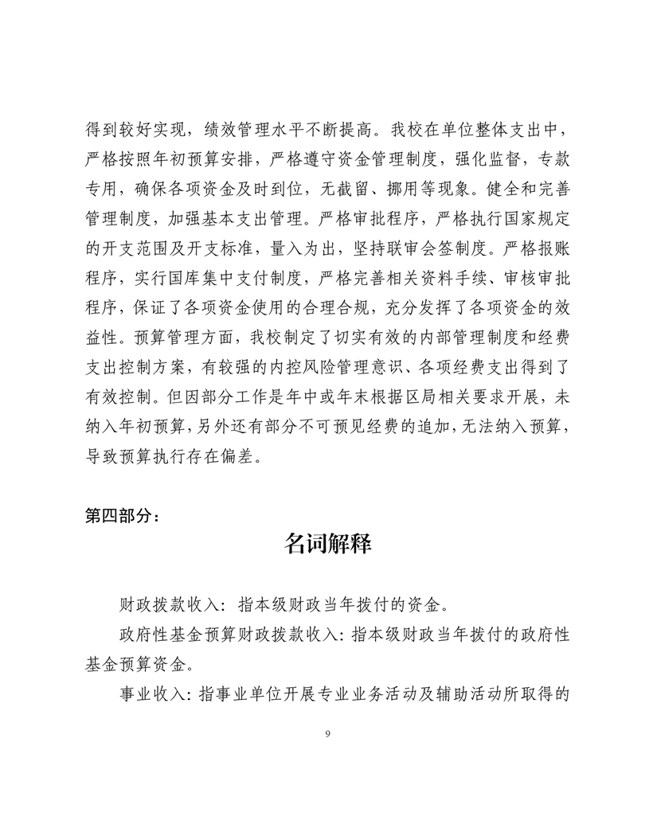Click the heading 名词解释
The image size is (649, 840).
[x=327, y=545]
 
